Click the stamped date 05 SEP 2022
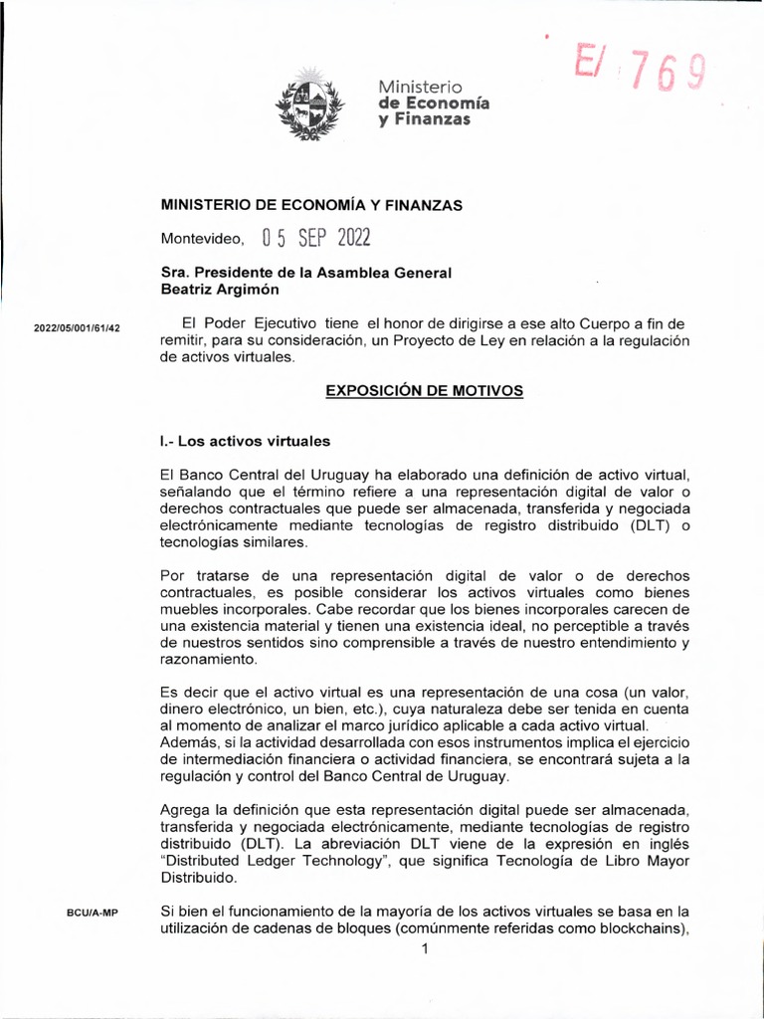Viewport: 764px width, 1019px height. click(x=314, y=239)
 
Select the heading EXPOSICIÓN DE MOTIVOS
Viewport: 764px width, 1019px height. click(x=425, y=391)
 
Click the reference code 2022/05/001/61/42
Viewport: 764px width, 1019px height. click(x=77, y=328)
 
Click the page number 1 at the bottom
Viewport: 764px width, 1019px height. click(x=425, y=949)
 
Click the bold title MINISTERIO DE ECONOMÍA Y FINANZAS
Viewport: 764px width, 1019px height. click(x=312, y=204)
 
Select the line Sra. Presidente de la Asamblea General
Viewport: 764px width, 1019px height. click(x=306, y=273)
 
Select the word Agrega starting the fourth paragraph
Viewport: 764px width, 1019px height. click(x=186, y=812)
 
